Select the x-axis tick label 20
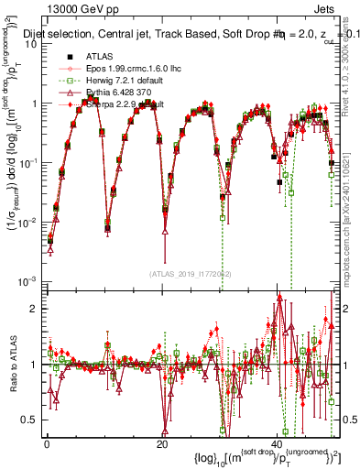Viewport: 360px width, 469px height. point(162,443)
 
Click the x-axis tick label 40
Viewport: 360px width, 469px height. point(278,443)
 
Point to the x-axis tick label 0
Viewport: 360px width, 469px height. point(47,443)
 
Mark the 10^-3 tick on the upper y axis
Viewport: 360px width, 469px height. point(28,279)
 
